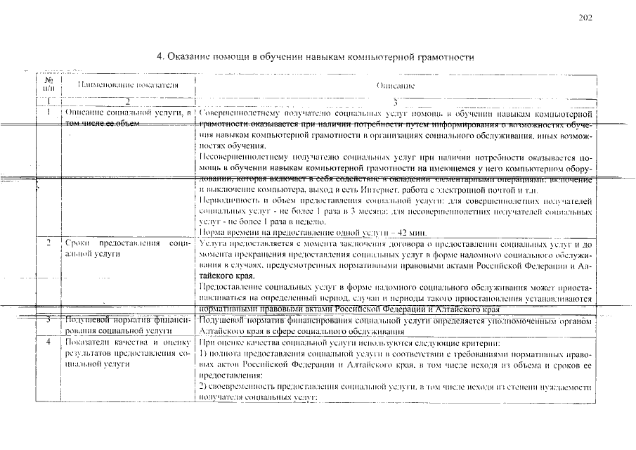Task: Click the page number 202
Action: click(586, 18)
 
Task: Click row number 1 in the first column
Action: click(48, 112)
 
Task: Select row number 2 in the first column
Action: click(48, 243)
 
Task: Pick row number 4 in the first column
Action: click(48, 342)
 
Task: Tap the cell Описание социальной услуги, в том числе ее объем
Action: click(128, 117)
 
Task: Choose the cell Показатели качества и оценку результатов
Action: click(128, 354)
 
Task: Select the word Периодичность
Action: click(229, 200)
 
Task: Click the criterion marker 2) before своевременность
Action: click(204, 387)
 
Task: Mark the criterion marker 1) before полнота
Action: click(204, 354)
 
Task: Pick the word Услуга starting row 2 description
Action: click(214, 243)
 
